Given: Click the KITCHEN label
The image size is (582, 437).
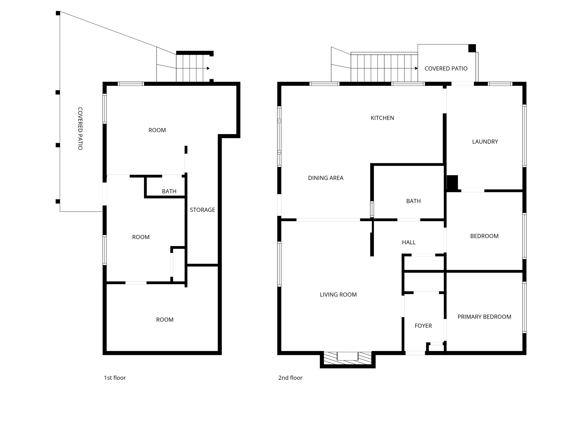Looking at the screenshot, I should (382, 118).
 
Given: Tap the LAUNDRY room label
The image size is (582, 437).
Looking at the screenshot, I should (485, 141).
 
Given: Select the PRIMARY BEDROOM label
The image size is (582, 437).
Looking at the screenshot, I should (484, 317).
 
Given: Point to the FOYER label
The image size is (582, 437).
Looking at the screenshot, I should (423, 326).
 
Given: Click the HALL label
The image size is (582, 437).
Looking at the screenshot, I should (409, 242).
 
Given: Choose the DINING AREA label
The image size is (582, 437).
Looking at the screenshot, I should (326, 178).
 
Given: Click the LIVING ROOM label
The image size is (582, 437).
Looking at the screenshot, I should (338, 294).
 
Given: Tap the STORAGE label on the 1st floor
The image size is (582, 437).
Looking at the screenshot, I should (202, 210).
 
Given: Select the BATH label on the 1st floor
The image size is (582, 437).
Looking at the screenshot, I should (169, 191).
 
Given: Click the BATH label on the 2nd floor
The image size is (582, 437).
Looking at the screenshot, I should (413, 201).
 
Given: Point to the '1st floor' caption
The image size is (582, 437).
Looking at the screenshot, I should (115, 378).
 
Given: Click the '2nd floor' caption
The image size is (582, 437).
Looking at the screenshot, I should (290, 378).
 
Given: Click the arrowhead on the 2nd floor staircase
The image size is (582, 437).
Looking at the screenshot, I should (416, 68).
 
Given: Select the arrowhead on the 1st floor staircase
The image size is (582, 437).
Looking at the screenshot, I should (208, 68).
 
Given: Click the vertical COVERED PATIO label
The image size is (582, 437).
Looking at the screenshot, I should (80, 129).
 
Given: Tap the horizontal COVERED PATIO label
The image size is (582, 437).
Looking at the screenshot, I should (446, 68).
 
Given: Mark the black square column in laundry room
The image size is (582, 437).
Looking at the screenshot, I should (452, 182).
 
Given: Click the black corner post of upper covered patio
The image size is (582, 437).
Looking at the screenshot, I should (472, 48).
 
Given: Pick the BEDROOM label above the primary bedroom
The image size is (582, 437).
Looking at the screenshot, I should (484, 236).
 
